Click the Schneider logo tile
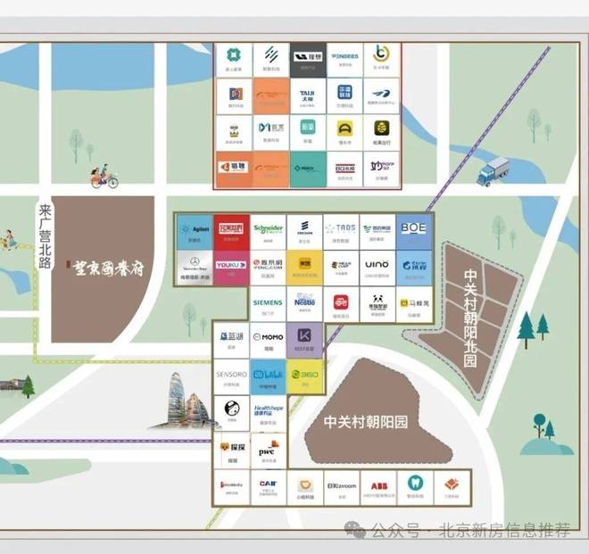(268, 231)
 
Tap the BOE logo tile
(413, 231)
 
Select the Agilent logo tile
(195, 231)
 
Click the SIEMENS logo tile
(268, 304)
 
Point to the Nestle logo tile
(305, 304)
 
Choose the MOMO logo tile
(268, 340)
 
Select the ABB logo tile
(377, 487)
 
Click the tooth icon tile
(414, 487)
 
